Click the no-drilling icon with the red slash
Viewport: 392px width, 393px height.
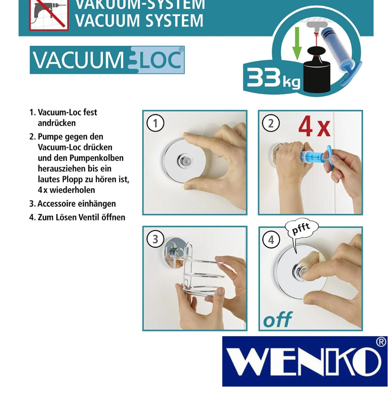coord(49,15)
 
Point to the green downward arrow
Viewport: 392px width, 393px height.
coord(297,44)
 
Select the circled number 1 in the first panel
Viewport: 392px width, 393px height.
coord(155,123)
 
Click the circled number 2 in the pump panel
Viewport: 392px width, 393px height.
coord(271,123)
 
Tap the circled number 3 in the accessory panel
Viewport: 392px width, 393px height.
coord(155,239)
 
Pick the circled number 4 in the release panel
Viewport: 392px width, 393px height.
coord(271,239)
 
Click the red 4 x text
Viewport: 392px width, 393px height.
coord(314,128)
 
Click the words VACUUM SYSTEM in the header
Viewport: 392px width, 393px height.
coord(140,20)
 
